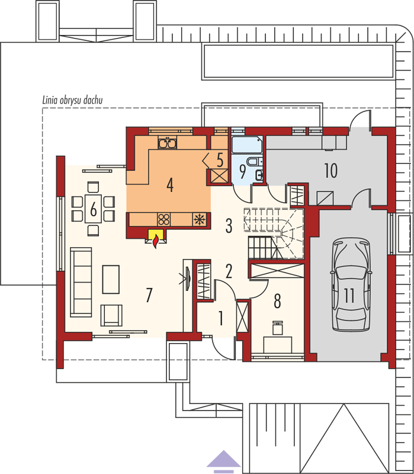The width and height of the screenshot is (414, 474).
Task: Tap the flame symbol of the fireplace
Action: [x=156, y=241]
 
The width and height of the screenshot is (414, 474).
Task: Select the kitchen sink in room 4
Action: [x=167, y=142]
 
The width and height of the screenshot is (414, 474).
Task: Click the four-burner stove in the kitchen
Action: [x=164, y=219]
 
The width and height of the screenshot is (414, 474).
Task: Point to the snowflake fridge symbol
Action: [x=200, y=219]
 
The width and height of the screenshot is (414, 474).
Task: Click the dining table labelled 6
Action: [x=93, y=209]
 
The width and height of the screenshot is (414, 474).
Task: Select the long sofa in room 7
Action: [x=81, y=283]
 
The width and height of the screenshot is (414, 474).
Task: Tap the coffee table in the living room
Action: [x=111, y=279]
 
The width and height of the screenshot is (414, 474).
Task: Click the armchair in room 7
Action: [x=111, y=315]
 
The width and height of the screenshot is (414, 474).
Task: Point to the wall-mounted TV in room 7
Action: [x=188, y=278]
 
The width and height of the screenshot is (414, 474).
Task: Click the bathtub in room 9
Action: [x=247, y=145]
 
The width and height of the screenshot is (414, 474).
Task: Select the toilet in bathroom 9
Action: [x=253, y=162]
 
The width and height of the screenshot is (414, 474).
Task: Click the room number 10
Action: [x=331, y=171]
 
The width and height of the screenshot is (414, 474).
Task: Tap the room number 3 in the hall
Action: [x=229, y=225]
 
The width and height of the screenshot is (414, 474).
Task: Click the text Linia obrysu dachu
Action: [x=72, y=100]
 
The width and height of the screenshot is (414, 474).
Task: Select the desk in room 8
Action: [x=278, y=345]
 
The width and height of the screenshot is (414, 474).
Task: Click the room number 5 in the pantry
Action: [x=220, y=160]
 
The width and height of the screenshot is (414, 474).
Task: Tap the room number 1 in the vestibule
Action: [x=221, y=318]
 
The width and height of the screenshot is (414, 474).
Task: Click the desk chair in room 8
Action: [x=278, y=328]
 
